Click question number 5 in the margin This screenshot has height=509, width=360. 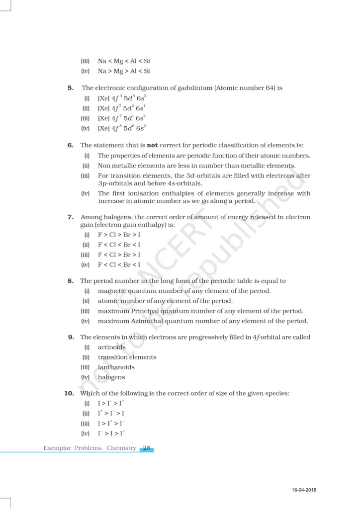[71, 88]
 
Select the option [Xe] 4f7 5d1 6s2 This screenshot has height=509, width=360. [121, 118]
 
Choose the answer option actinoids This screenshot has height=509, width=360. [112, 347]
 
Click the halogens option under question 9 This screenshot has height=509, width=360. [111, 377]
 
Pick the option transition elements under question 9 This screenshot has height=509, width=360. [127, 357]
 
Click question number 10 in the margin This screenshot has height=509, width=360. [69, 393]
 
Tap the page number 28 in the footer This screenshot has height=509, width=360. [147, 448]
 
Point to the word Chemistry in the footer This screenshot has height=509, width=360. [121, 448]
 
